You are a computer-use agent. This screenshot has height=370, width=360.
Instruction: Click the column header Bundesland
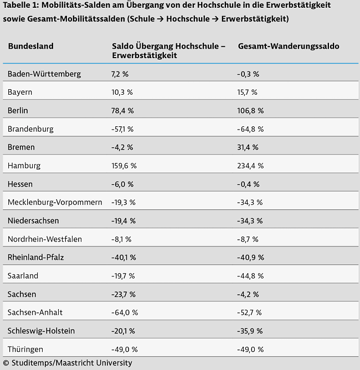[30, 46]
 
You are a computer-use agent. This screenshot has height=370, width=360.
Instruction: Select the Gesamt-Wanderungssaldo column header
[289, 46]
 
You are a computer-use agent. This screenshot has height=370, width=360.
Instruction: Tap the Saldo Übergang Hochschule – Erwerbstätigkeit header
[168, 50]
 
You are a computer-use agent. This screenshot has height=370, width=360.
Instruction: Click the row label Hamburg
[24, 166]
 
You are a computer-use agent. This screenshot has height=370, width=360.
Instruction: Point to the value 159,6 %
[124, 166]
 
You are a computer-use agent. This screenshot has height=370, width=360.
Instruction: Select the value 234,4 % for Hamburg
[251, 166]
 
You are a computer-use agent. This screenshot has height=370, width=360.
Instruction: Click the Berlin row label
[18, 111]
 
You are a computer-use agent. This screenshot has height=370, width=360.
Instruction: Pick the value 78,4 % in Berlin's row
[122, 111]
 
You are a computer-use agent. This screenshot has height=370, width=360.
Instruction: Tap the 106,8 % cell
[251, 111]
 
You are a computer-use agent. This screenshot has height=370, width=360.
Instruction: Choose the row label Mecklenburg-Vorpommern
[55, 202]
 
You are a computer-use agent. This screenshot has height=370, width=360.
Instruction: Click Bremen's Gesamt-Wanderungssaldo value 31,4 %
[249, 147]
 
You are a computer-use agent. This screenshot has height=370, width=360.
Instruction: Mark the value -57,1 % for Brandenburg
[122, 129]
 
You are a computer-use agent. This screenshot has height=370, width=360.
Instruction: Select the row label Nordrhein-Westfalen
[44, 239]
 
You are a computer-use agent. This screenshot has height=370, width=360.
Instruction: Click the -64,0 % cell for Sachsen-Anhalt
[124, 312]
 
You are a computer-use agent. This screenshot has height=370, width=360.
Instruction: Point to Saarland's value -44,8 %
[250, 276]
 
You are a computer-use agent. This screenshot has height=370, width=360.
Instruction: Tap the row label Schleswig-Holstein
[41, 331]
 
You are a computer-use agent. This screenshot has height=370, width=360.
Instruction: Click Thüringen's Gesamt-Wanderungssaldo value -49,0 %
[250, 350]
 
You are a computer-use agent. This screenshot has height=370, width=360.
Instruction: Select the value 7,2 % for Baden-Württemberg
[120, 74]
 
